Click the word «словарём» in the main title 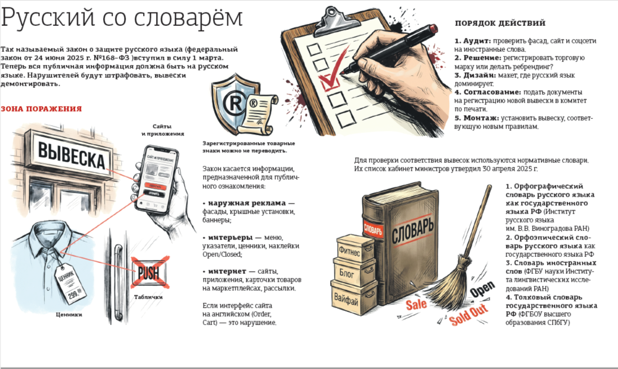coord(188,18)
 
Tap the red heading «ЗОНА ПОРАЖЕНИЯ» coord(41,109)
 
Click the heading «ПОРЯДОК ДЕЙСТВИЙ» coord(500,23)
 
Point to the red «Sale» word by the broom coord(416,304)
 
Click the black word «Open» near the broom coord(482,289)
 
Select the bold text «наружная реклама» coord(247,203)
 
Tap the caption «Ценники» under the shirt coord(69,314)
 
